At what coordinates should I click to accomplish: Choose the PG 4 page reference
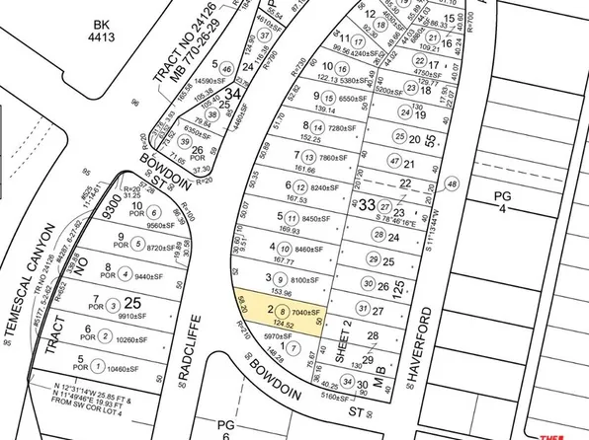(x=502, y=202)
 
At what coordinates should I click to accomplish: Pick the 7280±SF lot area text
(x=343, y=127)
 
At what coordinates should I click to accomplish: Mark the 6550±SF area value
(x=353, y=99)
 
